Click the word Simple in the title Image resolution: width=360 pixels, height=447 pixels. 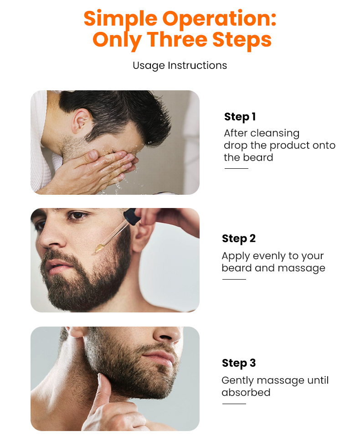pyautogui.click(x=121, y=19)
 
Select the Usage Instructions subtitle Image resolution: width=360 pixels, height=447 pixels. pyautogui.click(x=180, y=65)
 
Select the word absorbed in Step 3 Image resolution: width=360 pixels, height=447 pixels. pyautogui.click(x=246, y=392)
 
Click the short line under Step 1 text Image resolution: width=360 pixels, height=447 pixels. pyautogui.click(x=236, y=168)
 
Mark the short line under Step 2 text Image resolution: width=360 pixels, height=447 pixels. pyautogui.click(x=234, y=279)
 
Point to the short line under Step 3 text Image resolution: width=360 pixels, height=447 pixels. pyautogui.click(x=234, y=404)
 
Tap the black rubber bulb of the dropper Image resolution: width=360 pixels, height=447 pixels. pyautogui.click(x=130, y=215)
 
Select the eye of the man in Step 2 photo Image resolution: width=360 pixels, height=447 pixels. pyautogui.click(x=78, y=215)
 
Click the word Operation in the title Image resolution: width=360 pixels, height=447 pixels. pyautogui.click(x=219, y=19)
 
